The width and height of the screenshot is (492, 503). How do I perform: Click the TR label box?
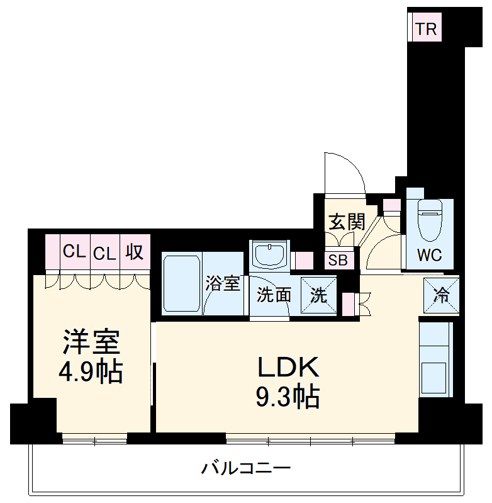click(425, 29)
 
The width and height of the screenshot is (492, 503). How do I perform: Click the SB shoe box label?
click(338, 260)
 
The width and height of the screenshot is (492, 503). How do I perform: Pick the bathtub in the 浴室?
click(182, 283)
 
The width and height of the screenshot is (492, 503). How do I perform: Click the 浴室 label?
click(223, 283)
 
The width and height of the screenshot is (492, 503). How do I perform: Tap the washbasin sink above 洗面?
click(269, 256)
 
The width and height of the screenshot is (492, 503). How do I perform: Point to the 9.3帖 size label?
click(288, 397)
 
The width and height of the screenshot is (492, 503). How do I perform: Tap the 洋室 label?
click(91, 342)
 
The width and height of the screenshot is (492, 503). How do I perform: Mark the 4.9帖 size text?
click(91, 372)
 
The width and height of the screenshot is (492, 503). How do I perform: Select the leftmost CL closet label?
click(74, 252)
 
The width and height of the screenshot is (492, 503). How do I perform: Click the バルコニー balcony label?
click(246, 468)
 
